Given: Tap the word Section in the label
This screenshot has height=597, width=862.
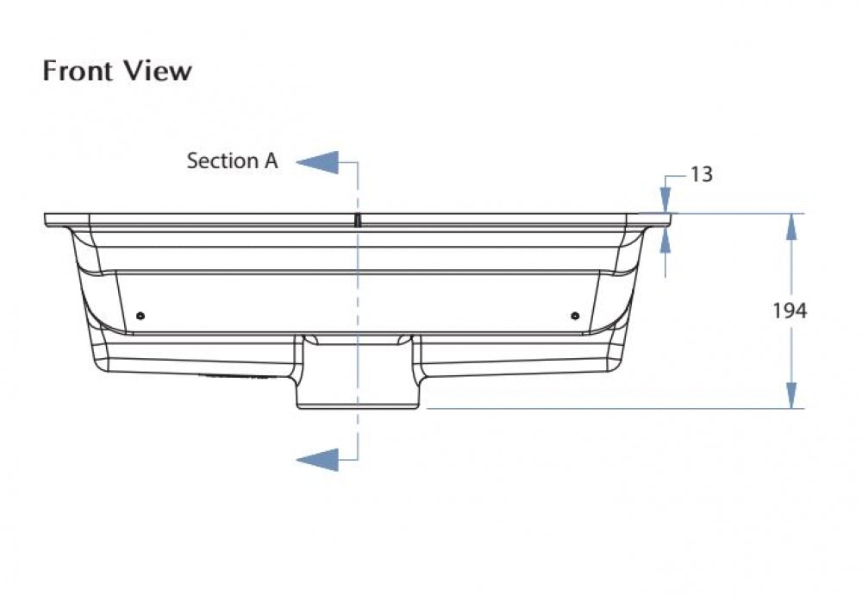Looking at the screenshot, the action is (x=222, y=160).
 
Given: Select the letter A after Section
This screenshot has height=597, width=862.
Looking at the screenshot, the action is (x=271, y=160).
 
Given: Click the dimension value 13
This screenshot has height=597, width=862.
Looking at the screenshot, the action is (x=701, y=174).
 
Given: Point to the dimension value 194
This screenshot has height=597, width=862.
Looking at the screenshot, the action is (x=790, y=311).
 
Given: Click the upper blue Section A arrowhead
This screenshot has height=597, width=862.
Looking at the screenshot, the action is (x=318, y=162).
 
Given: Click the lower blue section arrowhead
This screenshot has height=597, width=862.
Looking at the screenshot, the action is (x=318, y=460).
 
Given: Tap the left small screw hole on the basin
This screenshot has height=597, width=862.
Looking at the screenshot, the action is (x=141, y=316).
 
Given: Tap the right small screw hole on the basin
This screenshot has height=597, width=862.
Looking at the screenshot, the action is (x=575, y=316).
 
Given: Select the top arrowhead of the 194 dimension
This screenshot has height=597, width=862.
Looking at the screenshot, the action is (x=791, y=226).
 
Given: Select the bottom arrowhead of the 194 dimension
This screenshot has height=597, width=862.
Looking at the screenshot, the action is (x=791, y=396).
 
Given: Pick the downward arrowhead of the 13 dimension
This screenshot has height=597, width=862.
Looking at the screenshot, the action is (x=665, y=200).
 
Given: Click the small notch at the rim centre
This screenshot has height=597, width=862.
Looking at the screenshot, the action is (x=358, y=220).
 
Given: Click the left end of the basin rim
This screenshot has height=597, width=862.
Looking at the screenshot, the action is (x=45, y=220).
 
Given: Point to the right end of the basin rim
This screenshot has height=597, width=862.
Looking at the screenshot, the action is (x=670, y=220).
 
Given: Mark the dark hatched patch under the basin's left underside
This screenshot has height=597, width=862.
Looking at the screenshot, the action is (x=235, y=378).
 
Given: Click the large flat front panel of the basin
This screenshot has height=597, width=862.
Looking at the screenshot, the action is (x=358, y=302).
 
